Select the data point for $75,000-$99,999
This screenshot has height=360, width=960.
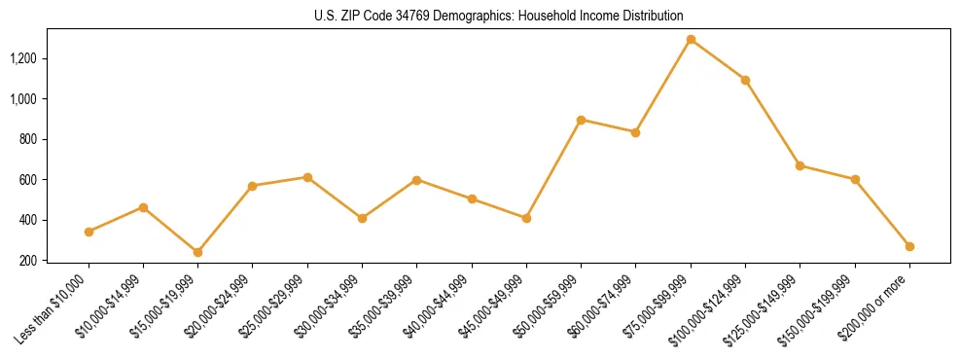click(691, 40)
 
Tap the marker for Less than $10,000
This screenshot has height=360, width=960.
click(89, 232)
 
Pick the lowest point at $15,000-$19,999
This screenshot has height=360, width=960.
click(198, 252)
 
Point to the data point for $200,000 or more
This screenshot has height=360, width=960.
click(909, 246)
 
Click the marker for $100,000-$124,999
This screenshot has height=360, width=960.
click(745, 80)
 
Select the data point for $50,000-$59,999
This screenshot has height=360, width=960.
click(581, 120)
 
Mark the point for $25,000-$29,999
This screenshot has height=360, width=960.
click(307, 177)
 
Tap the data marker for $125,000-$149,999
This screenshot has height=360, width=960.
click(800, 165)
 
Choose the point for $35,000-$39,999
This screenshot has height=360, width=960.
click(416, 180)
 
